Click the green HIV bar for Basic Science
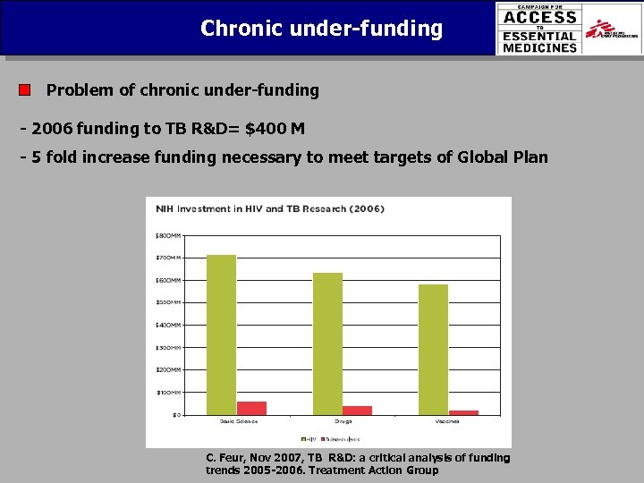pyautogui.click(x=221, y=335)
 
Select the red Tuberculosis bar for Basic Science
pyautogui.click(x=251, y=408)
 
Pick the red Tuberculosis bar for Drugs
pyautogui.click(x=357, y=410)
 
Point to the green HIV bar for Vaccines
pyautogui.click(x=433, y=349)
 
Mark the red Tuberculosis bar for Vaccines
pyautogui.click(x=463, y=412)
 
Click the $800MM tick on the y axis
pyautogui.click(x=168, y=235)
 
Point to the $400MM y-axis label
pyautogui.click(x=168, y=325)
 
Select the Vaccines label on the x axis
pyautogui.click(x=448, y=422)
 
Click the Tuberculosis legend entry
pyautogui.click(x=341, y=439)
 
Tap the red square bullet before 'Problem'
pyautogui.click(x=25, y=90)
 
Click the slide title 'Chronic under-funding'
pyautogui.click(x=321, y=29)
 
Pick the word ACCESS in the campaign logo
pyautogui.click(x=539, y=17)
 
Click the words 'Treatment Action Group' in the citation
pyautogui.click(x=373, y=470)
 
